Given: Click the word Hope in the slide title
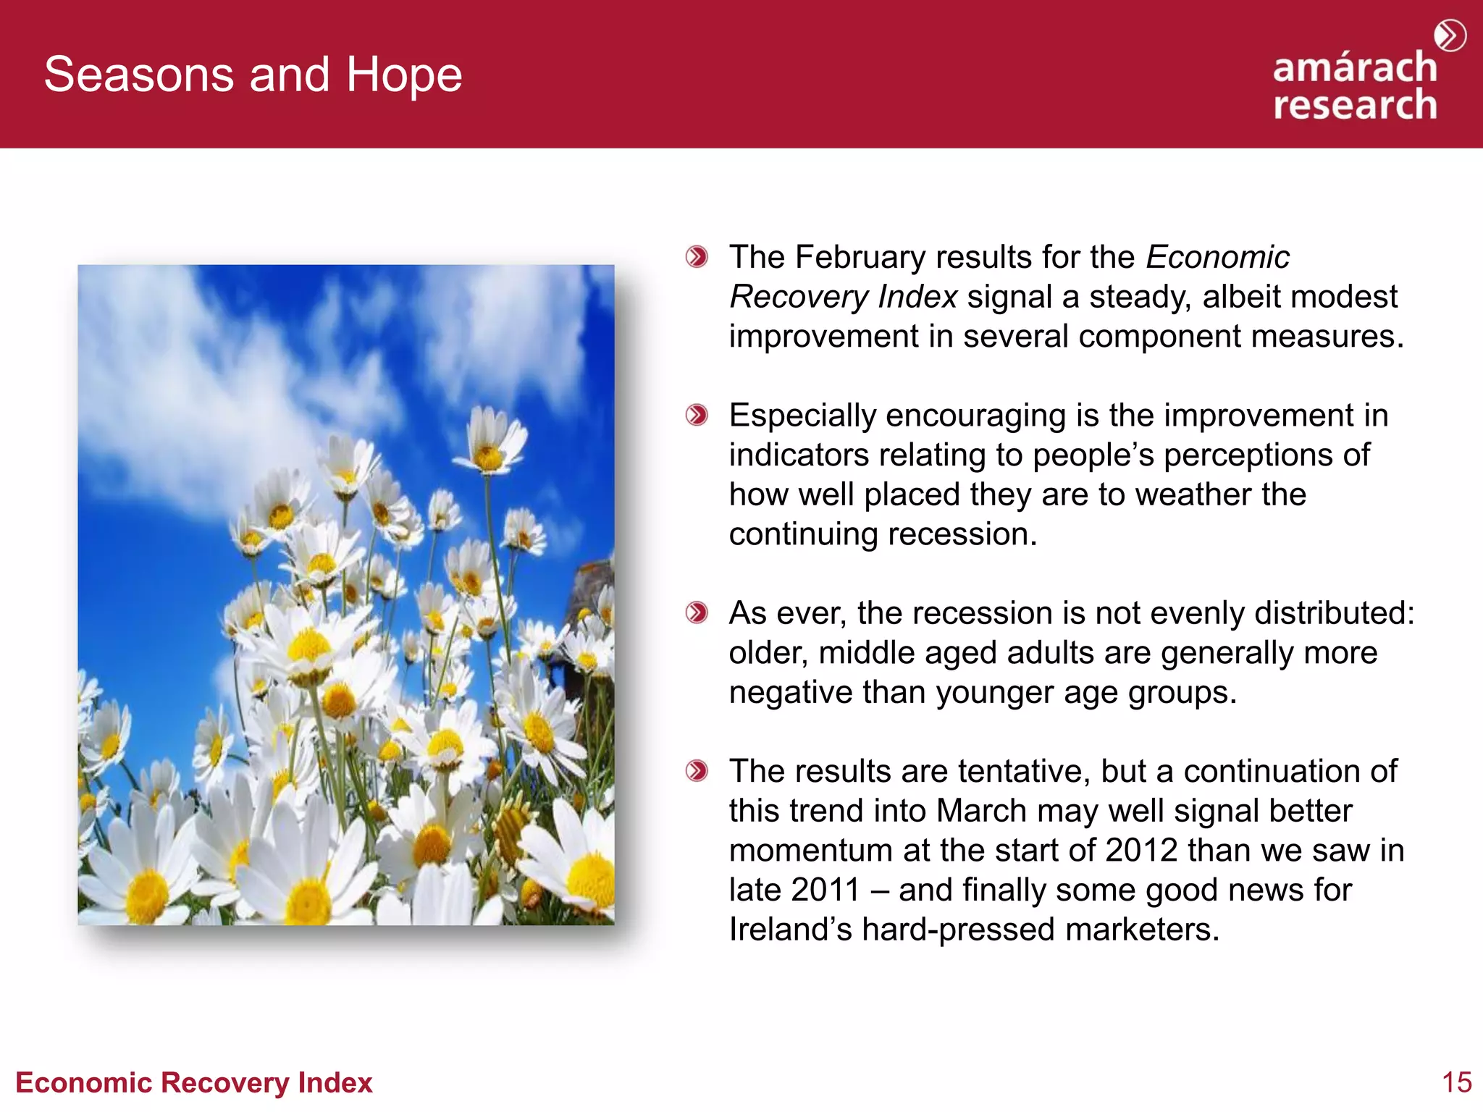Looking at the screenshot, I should [x=403, y=75].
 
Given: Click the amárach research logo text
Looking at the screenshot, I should [x=1354, y=87].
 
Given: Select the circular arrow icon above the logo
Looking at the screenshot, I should [x=1450, y=35].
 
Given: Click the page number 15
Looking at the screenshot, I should [x=1456, y=1082].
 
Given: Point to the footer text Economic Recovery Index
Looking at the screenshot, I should [x=194, y=1082].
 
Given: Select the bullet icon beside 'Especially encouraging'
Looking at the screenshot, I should [x=697, y=416].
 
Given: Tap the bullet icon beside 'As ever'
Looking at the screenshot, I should [x=697, y=613].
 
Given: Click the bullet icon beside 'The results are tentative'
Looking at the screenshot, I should [x=697, y=771].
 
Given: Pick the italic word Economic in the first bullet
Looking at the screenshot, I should [x=1217, y=258].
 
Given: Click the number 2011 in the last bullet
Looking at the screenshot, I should [x=825, y=890].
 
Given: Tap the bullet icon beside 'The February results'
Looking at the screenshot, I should [x=697, y=257].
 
